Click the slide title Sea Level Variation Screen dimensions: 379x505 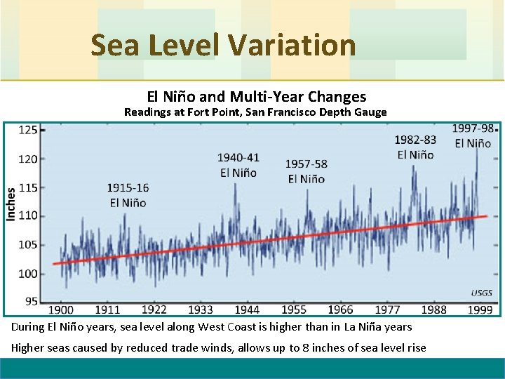point(223,46)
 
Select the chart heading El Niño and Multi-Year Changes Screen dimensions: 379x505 point(256,96)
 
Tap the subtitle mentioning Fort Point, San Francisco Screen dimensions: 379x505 point(255,112)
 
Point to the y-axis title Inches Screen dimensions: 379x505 point(11,204)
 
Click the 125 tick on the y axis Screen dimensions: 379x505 point(28,130)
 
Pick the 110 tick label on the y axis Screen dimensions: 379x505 point(28,216)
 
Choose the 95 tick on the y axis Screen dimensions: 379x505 point(31,301)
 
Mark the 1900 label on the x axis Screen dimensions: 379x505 point(61,310)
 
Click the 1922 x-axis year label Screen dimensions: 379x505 point(154,310)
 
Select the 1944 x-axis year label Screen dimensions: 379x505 point(247,310)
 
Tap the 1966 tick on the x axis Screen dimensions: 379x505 point(340,310)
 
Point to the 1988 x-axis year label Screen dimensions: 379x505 point(433,310)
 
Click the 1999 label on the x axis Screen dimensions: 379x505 point(480,310)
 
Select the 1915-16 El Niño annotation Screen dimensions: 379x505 point(128,195)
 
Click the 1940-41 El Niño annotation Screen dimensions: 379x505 point(238,165)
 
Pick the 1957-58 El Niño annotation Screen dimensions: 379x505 point(306,171)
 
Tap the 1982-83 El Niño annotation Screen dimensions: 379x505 point(415,147)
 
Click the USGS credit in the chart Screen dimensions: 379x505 point(481,293)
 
